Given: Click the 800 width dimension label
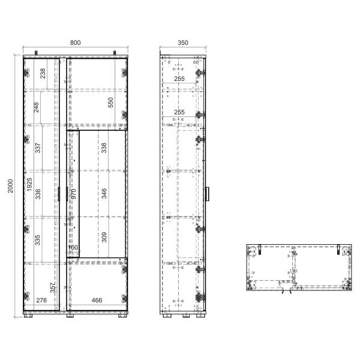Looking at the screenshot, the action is pyautogui.click(x=76, y=43).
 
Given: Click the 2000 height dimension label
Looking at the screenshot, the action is pyautogui.click(x=11, y=186).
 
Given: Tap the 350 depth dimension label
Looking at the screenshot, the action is pyautogui.click(x=183, y=43).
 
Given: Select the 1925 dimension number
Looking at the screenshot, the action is pyautogui.click(x=29, y=184).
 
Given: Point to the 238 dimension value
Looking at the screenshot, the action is pyautogui.click(x=43, y=73).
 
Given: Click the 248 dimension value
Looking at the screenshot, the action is pyautogui.click(x=36, y=107).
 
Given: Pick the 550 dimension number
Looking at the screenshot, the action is pyautogui.click(x=110, y=103).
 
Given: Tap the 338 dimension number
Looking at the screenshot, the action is pyautogui.click(x=104, y=148).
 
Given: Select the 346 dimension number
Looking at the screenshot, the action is pyautogui.click(x=104, y=194).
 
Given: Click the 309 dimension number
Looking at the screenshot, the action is pyautogui.click(x=104, y=237).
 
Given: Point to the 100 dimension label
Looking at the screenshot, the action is pyautogui.click(x=73, y=247).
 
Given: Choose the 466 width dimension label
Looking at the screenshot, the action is pyautogui.click(x=97, y=300).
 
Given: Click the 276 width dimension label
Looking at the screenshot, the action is pyautogui.click(x=41, y=300).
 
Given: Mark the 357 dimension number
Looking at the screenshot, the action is pyautogui.click(x=53, y=287).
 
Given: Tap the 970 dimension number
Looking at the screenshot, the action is pyautogui.click(x=73, y=194).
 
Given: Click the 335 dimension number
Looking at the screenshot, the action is pyautogui.click(x=37, y=240).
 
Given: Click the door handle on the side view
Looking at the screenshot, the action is pyautogui.click(x=208, y=194).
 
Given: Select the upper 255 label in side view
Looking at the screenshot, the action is pyautogui.click(x=179, y=79).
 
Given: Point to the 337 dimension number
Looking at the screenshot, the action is pyautogui.click(x=38, y=148).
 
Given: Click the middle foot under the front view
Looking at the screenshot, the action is pyautogui.click(x=70, y=316).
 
